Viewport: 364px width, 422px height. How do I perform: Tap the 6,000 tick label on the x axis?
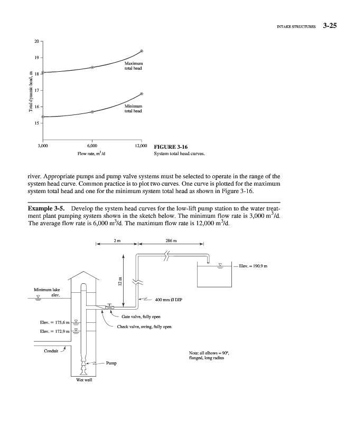92,145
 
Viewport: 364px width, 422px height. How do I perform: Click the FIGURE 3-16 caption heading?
170,147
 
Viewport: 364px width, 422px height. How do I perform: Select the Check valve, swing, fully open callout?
144,327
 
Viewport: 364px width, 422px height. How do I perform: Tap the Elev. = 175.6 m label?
55,322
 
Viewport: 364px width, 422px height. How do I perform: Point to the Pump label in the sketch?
111,363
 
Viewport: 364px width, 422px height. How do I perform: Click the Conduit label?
50,348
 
